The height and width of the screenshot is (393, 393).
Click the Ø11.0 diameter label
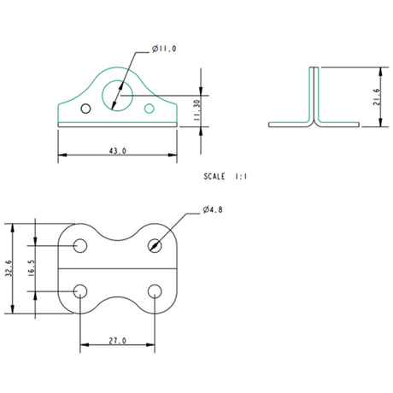pos(164,50)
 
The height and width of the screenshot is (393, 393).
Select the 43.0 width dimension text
pos(117,150)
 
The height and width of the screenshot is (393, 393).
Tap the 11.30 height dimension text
pos(196,109)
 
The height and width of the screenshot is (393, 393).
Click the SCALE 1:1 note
pos(226,176)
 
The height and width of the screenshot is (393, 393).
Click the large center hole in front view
pos(115,95)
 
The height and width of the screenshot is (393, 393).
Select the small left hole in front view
pos(84,109)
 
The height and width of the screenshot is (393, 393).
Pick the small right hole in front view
pos(150,109)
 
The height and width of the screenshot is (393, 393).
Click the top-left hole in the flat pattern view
pos(79,245)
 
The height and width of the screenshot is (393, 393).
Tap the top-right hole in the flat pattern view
pos(154,245)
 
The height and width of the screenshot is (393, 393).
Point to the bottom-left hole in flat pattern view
pos(79,291)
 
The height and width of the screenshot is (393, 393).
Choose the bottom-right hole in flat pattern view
pos(154,291)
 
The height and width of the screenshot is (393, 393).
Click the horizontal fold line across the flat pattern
pos(117,268)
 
